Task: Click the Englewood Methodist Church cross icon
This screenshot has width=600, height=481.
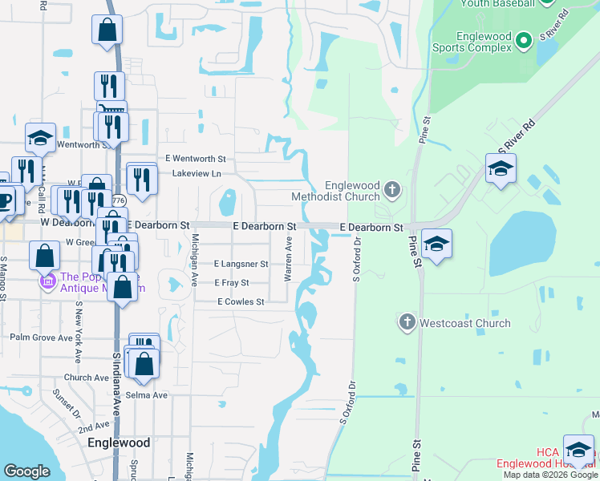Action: pyautogui.click(x=391, y=189)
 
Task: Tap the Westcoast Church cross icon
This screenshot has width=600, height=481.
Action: pyautogui.click(x=407, y=323)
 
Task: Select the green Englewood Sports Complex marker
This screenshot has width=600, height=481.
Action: pyautogui.click(x=524, y=39)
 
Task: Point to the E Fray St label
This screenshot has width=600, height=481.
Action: pyautogui.click(x=232, y=283)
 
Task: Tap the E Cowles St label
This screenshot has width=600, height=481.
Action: pyautogui.click(x=241, y=302)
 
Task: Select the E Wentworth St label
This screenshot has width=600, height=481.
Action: pyautogui.click(x=195, y=160)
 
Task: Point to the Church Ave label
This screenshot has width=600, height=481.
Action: pyautogui.click(x=86, y=378)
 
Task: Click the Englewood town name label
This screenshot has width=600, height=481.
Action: pyautogui.click(x=119, y=443)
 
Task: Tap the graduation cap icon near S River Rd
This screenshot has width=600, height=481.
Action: pyautogui.click(x=501, y=168)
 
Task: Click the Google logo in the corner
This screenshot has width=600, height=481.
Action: pyautogui.click(x=26, y=471)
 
